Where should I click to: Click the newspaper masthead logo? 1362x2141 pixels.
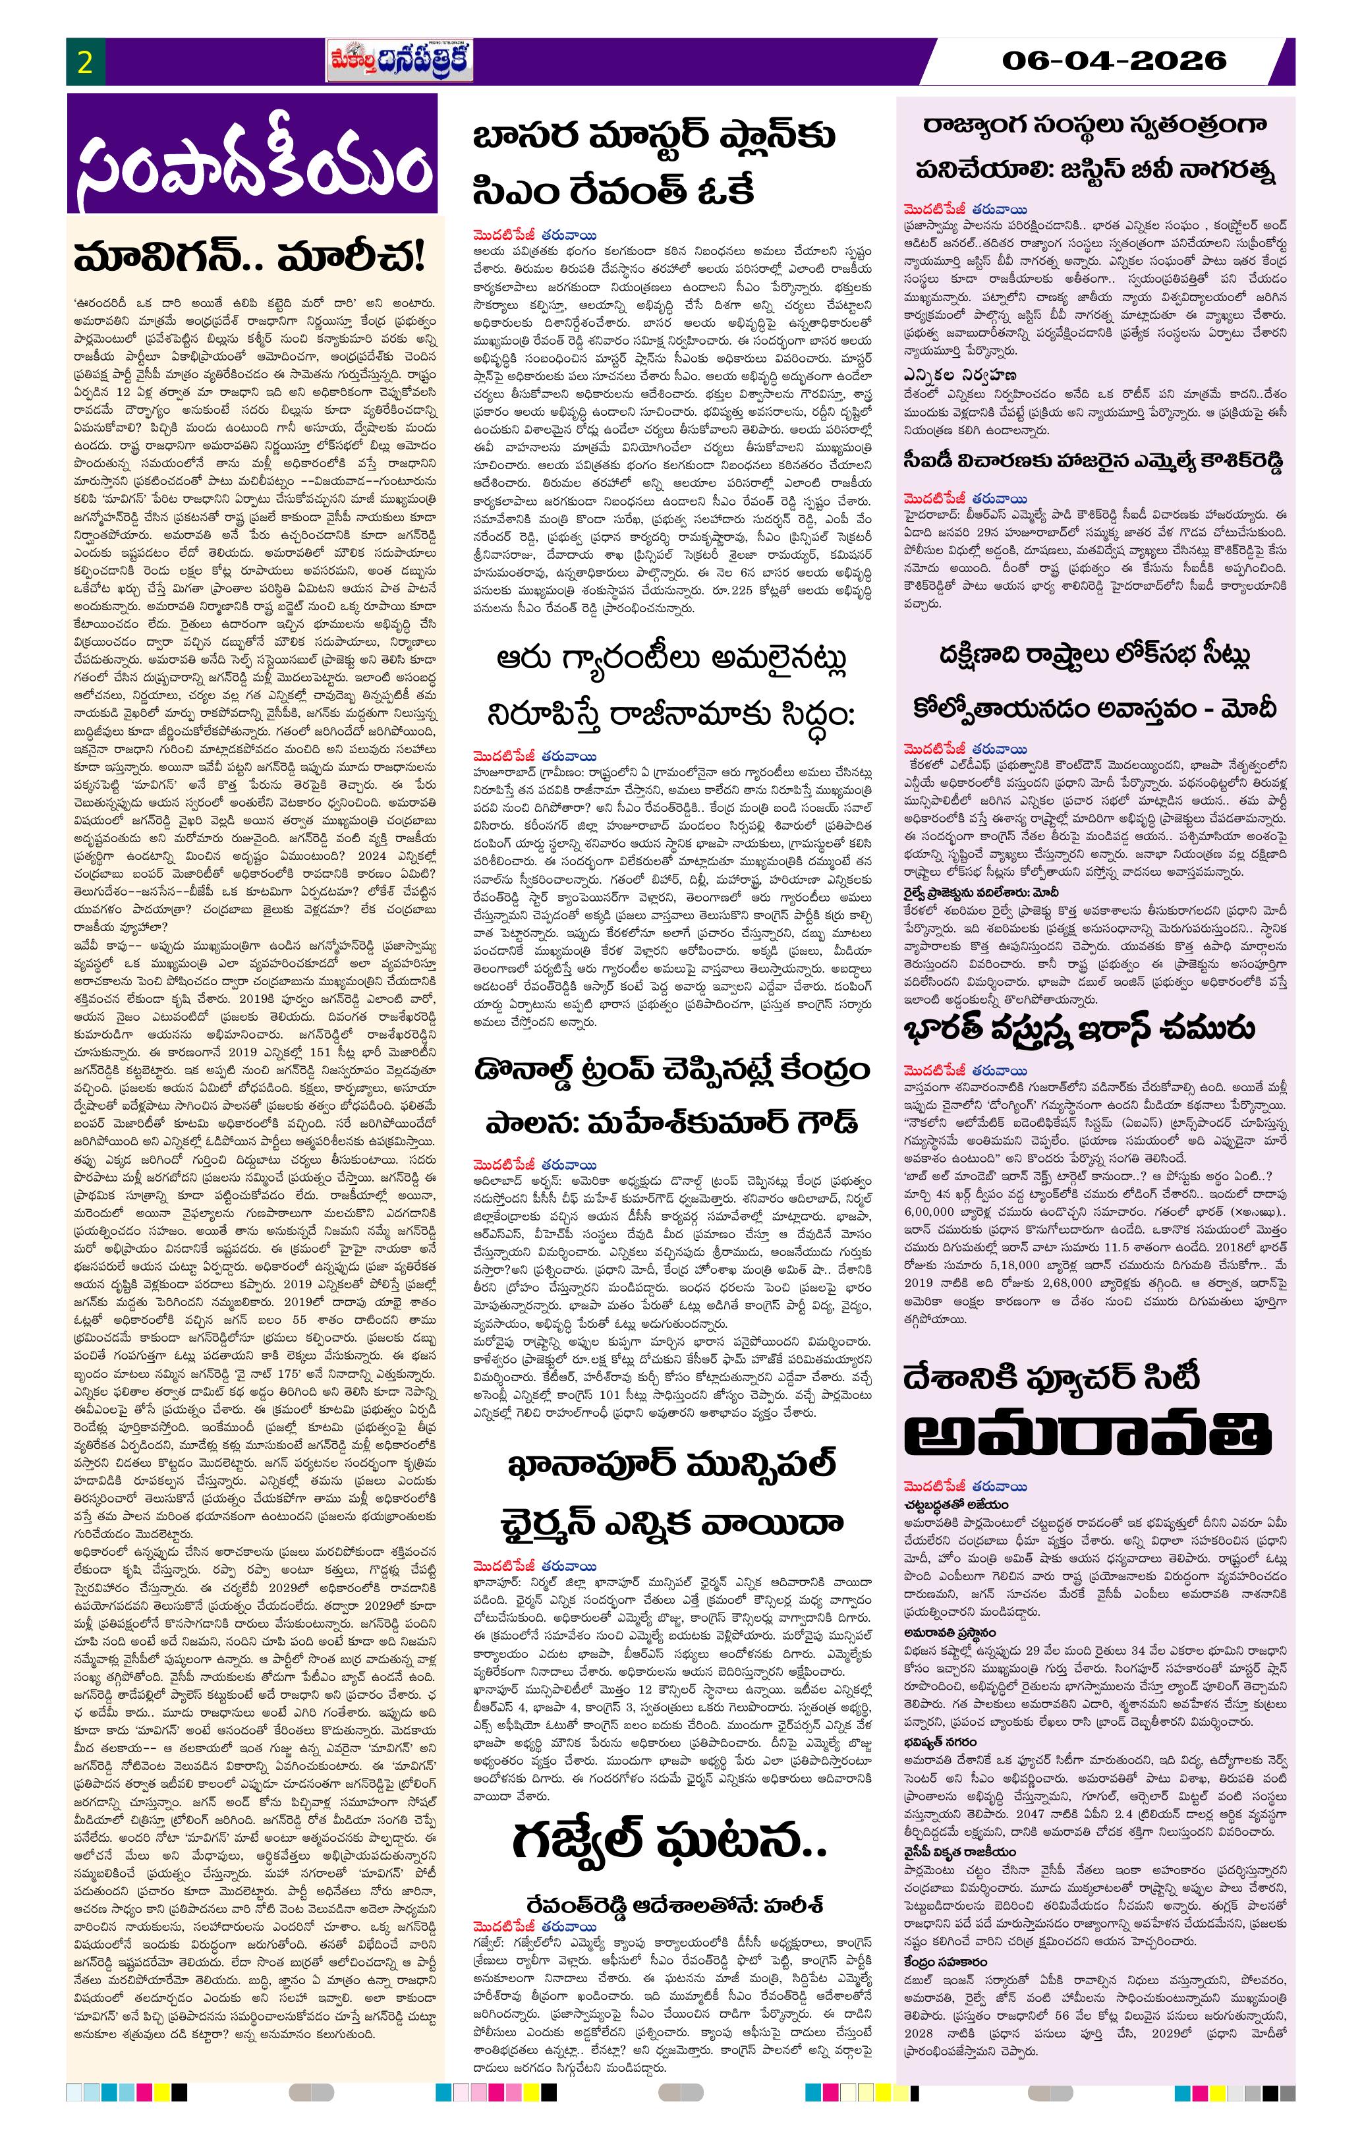399,62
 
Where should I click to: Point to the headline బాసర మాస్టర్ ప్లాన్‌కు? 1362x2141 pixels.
654,138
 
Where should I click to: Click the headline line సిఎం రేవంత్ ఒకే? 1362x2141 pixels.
613,191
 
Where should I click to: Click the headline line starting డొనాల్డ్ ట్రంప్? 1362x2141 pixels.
671,1070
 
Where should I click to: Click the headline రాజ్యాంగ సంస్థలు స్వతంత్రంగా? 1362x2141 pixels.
1094,125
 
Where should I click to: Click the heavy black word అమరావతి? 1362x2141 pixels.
1087,1433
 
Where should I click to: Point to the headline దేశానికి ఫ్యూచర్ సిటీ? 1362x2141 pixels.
1052,1377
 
